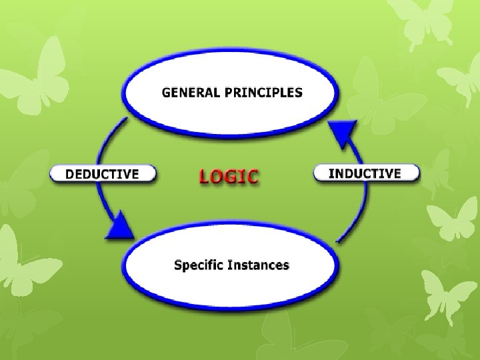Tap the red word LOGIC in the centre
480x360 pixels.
point(229,176)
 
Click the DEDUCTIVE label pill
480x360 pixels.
point(103,175)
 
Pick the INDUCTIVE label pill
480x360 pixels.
point(366,173)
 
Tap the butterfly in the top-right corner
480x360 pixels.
point(427,20)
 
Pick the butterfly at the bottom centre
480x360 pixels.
point(280,333)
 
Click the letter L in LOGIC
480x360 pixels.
point(204,176)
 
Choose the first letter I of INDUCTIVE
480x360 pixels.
point(331,173)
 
